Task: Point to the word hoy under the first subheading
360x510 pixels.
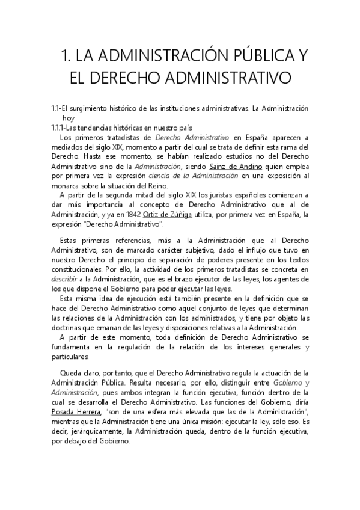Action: tap(68, 118)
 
